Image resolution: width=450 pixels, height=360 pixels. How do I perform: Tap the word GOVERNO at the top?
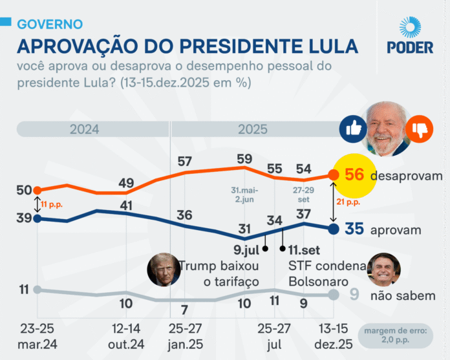[50, 25]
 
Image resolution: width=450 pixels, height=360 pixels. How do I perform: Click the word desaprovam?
[406, 176]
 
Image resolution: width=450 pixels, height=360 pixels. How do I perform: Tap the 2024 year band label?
[85, 129]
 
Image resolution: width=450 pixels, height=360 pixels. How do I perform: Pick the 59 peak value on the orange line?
[244, 158]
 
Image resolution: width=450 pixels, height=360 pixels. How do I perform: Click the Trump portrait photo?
[162, 270]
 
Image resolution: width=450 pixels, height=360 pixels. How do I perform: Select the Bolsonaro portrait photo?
[383, 270]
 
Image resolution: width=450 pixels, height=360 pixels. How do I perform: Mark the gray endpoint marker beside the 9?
[334, 295]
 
